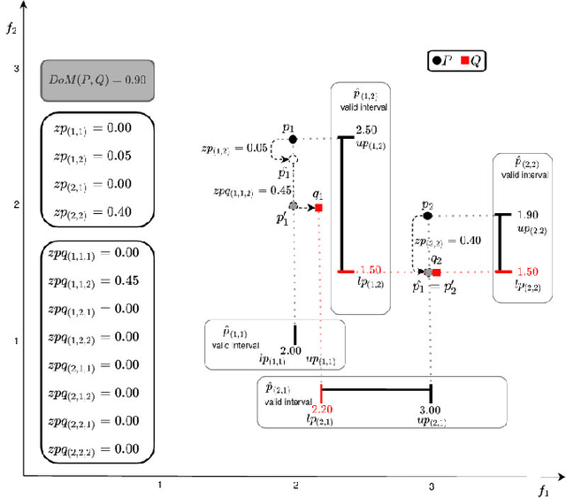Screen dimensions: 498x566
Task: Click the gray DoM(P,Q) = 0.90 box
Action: [x=98, y=80]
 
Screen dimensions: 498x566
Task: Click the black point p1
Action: [x=293, y=139]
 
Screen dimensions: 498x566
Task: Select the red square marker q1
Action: [x=318, y=208]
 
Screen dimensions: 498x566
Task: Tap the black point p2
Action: [x=427, y=215]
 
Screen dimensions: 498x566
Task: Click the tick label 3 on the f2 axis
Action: [x=16, y=69]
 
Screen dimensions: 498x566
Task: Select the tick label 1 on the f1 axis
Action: [x=159, y=486]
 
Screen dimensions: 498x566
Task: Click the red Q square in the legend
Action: [x=464, y=61]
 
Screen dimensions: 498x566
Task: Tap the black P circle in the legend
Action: [x=437, y=61]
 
